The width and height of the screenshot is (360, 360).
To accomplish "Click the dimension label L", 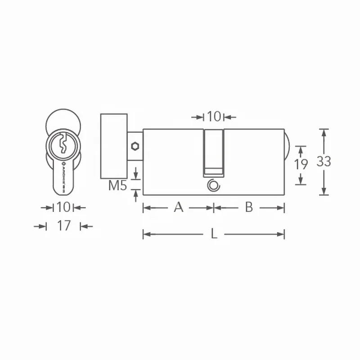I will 214,234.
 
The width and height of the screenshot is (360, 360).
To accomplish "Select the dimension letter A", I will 179,207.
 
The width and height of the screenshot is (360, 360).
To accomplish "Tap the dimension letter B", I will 248,207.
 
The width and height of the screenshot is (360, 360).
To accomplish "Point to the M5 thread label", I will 117,185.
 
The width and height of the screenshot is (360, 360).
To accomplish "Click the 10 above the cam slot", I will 214,117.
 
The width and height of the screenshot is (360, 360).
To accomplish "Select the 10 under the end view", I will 63,207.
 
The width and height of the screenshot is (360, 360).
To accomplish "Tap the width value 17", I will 64,225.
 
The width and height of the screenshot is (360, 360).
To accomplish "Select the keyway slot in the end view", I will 63,144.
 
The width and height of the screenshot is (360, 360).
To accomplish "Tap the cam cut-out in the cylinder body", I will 214,151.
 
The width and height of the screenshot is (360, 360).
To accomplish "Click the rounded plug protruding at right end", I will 288,146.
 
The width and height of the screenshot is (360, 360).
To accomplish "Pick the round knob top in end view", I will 63,118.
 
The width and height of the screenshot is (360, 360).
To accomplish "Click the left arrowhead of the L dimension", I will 145,234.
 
